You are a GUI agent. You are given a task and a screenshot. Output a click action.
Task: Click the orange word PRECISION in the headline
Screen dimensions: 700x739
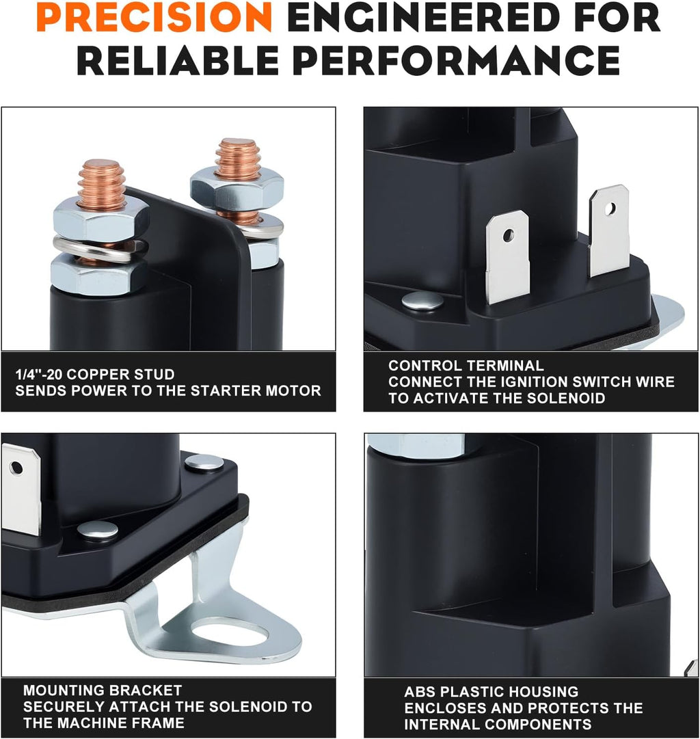[x=154, y=17]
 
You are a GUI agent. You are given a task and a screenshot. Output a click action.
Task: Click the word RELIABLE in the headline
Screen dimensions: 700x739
[x=178, y=60]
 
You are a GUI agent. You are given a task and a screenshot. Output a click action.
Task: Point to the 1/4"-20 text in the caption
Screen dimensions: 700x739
[x=39, y=374]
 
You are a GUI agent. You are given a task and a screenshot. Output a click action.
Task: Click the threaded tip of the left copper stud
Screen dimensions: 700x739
[x=101, y=181]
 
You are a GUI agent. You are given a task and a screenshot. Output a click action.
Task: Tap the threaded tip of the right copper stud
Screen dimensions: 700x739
[x=238, y=158]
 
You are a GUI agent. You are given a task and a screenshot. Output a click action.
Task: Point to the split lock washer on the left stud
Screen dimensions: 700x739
[x=100, y=248]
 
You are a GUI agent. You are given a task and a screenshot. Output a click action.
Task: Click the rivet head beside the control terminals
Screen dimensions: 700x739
[x=422, y=300]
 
